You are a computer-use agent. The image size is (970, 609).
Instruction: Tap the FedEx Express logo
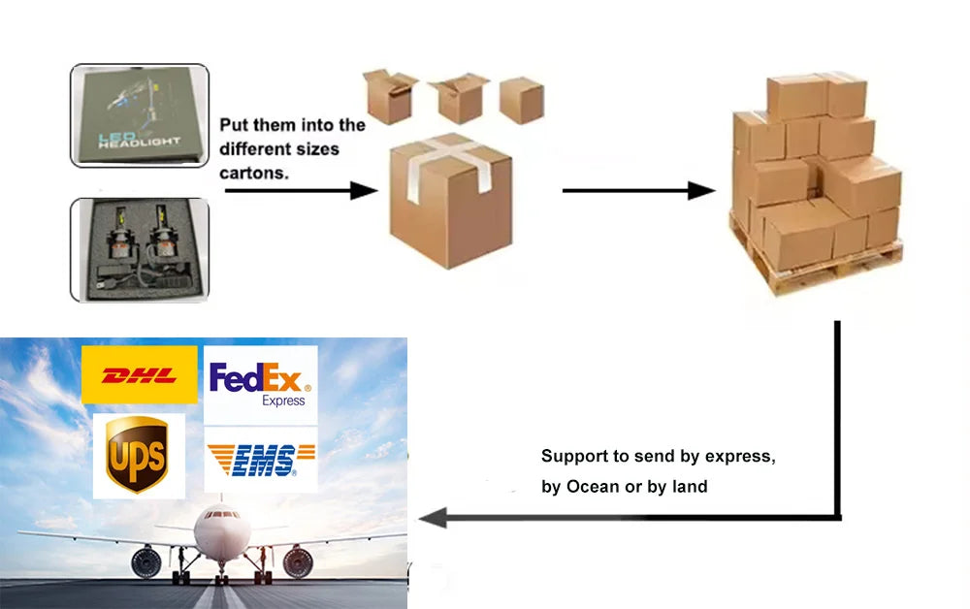261,384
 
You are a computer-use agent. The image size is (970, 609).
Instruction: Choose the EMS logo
261,460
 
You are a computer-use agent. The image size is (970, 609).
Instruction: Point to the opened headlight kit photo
140,249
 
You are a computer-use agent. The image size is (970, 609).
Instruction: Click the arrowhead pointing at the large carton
364,190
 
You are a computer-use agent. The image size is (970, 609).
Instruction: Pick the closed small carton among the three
521,99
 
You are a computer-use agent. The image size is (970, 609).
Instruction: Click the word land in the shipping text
690,486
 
